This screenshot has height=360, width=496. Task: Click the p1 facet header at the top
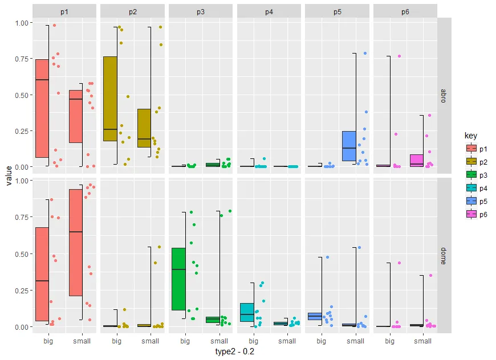(x=64, y=11)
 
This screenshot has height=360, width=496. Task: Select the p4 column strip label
(x=269, y=11)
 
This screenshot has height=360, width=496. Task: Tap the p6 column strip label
(x=405, y=11)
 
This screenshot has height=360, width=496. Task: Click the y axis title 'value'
(x=9, y=175)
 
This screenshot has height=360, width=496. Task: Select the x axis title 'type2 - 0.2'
(x=234, y=351)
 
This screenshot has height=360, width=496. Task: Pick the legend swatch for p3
(x=471, y=175)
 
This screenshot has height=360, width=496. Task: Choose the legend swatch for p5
(x=471, y=201)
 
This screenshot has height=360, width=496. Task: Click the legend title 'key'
(x=471, y=136)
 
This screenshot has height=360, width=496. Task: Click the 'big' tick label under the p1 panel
(x=48, y=341)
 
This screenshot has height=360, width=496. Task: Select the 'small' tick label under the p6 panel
(x=423, y=341)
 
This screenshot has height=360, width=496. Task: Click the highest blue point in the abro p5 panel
(x=365, y=54)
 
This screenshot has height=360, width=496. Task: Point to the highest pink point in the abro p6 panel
(x=399, y=56)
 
